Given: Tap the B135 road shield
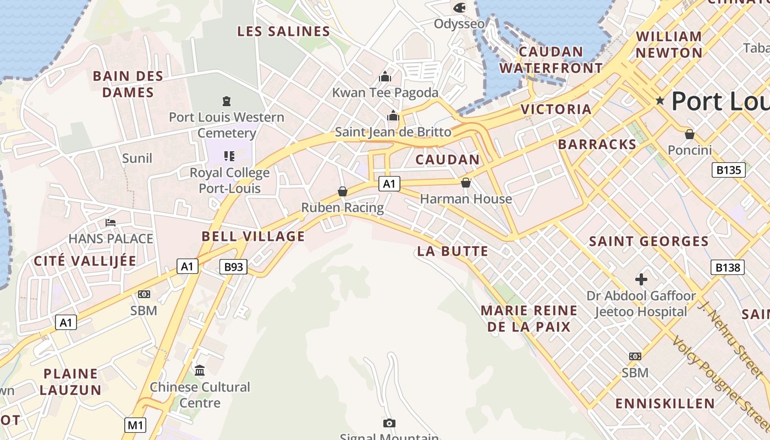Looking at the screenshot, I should [x=729, y=170].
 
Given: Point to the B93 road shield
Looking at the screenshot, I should [x=233, y=267].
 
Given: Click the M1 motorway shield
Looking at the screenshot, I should [x=135, y=425].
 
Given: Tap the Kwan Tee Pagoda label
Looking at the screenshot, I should [x=385, y=92].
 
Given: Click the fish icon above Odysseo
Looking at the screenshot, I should [x=459, y=8].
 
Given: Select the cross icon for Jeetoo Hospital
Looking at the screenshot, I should [x=641, y=279].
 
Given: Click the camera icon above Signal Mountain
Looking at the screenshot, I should [x=389, y=423].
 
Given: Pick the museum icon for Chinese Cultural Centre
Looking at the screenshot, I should [x=200, y=370].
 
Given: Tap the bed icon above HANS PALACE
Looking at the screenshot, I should [x=111, y=223].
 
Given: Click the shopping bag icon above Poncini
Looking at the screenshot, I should [x=689, y=134].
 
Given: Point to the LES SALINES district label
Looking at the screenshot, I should [x=283, y=31].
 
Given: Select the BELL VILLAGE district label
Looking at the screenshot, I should [x=253, y=237].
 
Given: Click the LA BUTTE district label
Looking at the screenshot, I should [x=453, y=251].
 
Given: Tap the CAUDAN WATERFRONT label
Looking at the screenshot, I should [x=551, y=60].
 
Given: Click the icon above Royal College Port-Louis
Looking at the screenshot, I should [x=229, y=156].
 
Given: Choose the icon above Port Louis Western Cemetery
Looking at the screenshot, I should [x=226, y=101].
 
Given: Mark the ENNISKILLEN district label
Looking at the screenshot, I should [x=665, y=403].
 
